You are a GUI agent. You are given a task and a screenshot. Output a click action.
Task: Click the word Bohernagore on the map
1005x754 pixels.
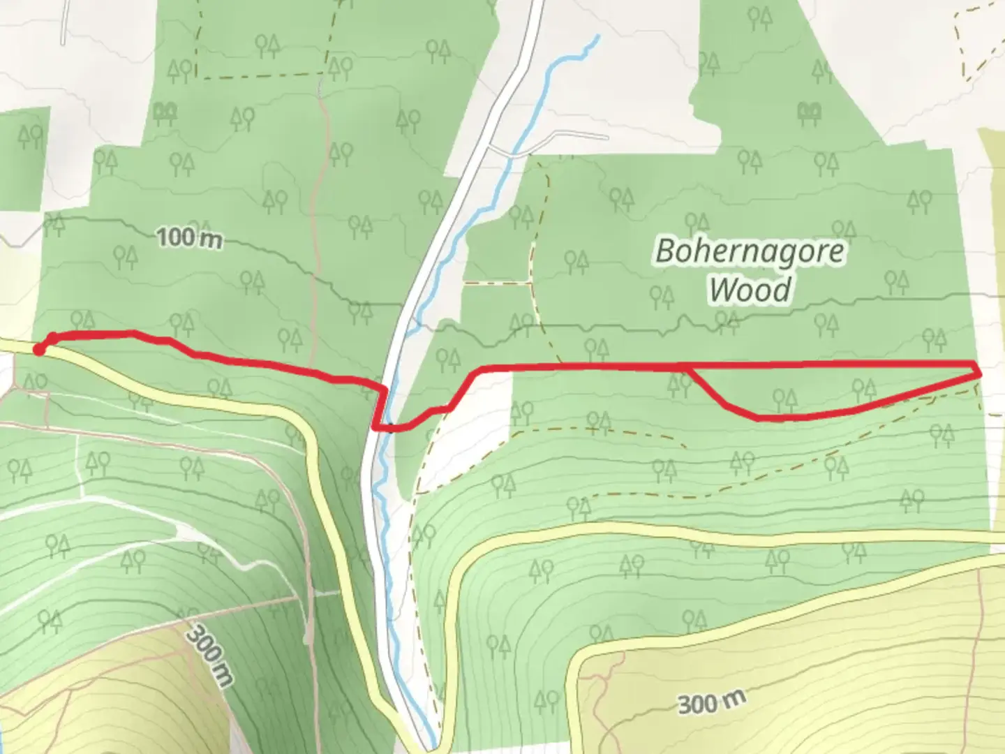(750, 251)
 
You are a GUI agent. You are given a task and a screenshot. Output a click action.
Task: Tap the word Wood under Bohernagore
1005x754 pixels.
(750, 289)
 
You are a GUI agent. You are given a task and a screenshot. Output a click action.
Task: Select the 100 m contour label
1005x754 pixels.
(189, 238)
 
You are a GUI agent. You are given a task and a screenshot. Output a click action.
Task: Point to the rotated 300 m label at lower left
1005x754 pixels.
(210, 656)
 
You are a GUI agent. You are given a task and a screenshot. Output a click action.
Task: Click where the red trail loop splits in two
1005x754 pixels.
(688, 367)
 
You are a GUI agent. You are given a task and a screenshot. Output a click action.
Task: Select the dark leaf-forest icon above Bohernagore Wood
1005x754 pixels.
(810, 110)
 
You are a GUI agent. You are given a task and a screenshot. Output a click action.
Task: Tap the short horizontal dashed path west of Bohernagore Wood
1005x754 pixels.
(497, 283)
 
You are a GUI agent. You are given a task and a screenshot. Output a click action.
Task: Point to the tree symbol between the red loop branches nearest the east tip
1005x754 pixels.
(864, 388)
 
